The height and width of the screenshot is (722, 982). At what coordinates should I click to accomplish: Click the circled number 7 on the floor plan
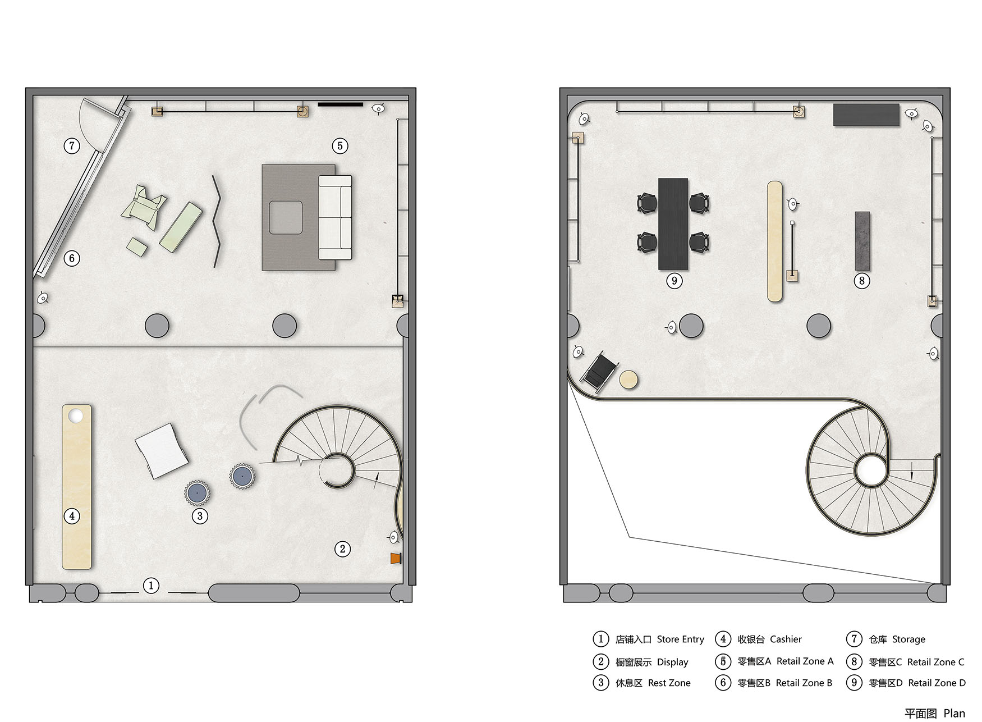coord(72,146)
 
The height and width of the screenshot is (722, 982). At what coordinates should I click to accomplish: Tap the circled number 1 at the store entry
coord(151,586)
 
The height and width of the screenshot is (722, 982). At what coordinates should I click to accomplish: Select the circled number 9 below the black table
coord(674,281)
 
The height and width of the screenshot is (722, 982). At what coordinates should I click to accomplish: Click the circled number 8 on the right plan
coord(862,281)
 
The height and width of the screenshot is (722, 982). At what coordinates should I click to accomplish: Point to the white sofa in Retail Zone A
coord(335,218)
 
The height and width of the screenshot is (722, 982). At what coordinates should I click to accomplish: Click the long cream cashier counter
coord(77,487)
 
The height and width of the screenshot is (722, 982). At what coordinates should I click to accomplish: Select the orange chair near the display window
coord(397,558)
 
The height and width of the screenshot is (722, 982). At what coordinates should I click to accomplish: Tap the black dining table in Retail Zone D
coord(673,224)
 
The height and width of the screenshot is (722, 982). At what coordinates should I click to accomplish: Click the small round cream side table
coord(628,380)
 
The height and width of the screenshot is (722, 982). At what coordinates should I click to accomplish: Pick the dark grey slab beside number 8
coord(862,241)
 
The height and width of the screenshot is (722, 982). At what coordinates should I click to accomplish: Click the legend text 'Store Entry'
coord(680,639)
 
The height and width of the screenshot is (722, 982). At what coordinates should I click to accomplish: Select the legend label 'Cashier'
coord(786,639)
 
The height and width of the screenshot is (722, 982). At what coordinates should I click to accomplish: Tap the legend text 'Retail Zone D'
coord(937,683)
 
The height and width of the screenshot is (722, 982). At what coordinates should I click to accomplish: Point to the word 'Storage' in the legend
coord(908,639)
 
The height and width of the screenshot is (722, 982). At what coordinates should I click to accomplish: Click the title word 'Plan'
coord(954,713)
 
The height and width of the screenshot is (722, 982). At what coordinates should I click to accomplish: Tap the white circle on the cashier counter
coord(75,416)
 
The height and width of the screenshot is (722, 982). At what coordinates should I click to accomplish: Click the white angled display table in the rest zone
coord(162,451)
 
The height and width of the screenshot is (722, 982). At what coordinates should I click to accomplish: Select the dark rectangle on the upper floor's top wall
coord(866,115)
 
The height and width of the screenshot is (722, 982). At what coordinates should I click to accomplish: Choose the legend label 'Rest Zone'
coord(669,683)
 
